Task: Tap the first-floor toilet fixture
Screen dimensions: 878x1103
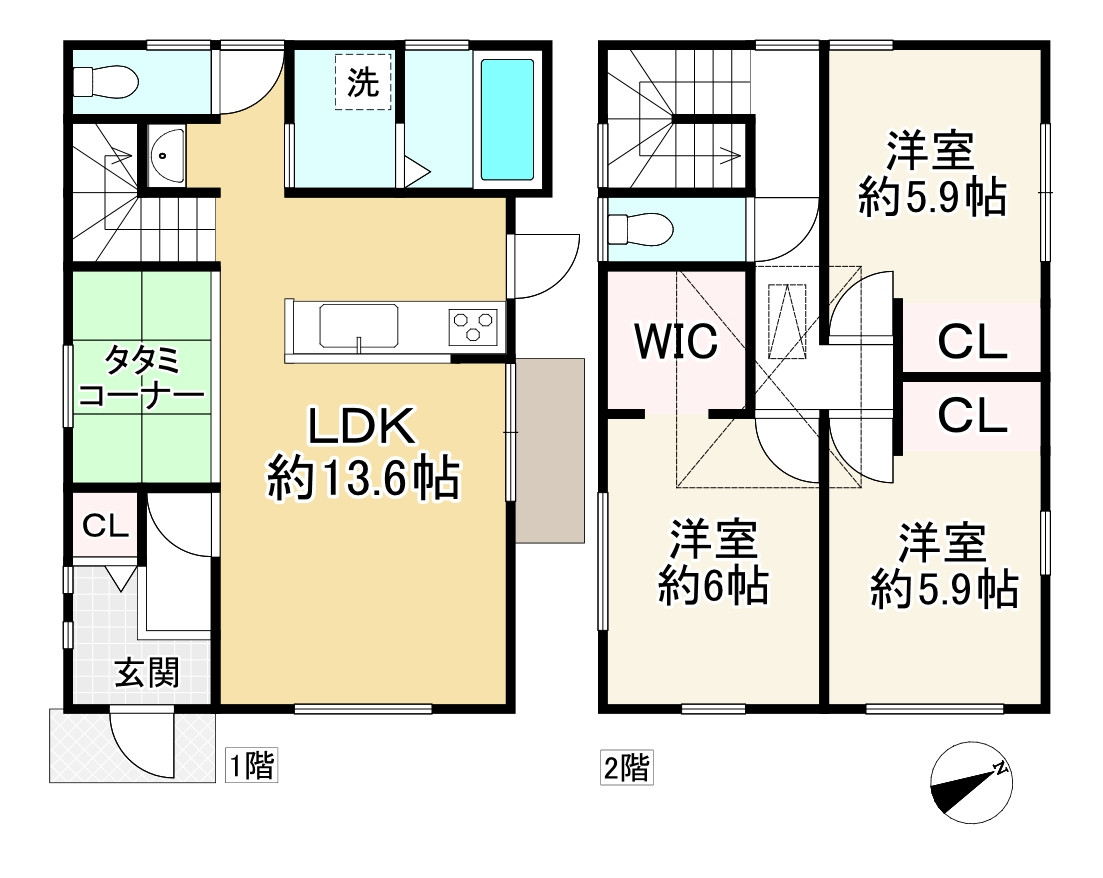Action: coord(100,81)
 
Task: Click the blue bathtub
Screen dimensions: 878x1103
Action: coord(509,118)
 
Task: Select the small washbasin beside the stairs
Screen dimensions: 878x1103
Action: coord(167,155)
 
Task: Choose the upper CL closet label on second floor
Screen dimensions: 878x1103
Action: coord(971,344)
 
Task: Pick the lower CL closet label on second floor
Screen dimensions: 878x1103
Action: coord(971,414)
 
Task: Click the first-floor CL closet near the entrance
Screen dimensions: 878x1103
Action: coord(105,525)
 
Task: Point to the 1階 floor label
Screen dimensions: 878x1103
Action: coord(249,767)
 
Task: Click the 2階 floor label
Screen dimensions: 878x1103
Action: coord(626,769)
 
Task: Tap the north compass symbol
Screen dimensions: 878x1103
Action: coord(968,784)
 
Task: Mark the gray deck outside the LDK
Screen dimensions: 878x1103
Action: coord(549,450)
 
